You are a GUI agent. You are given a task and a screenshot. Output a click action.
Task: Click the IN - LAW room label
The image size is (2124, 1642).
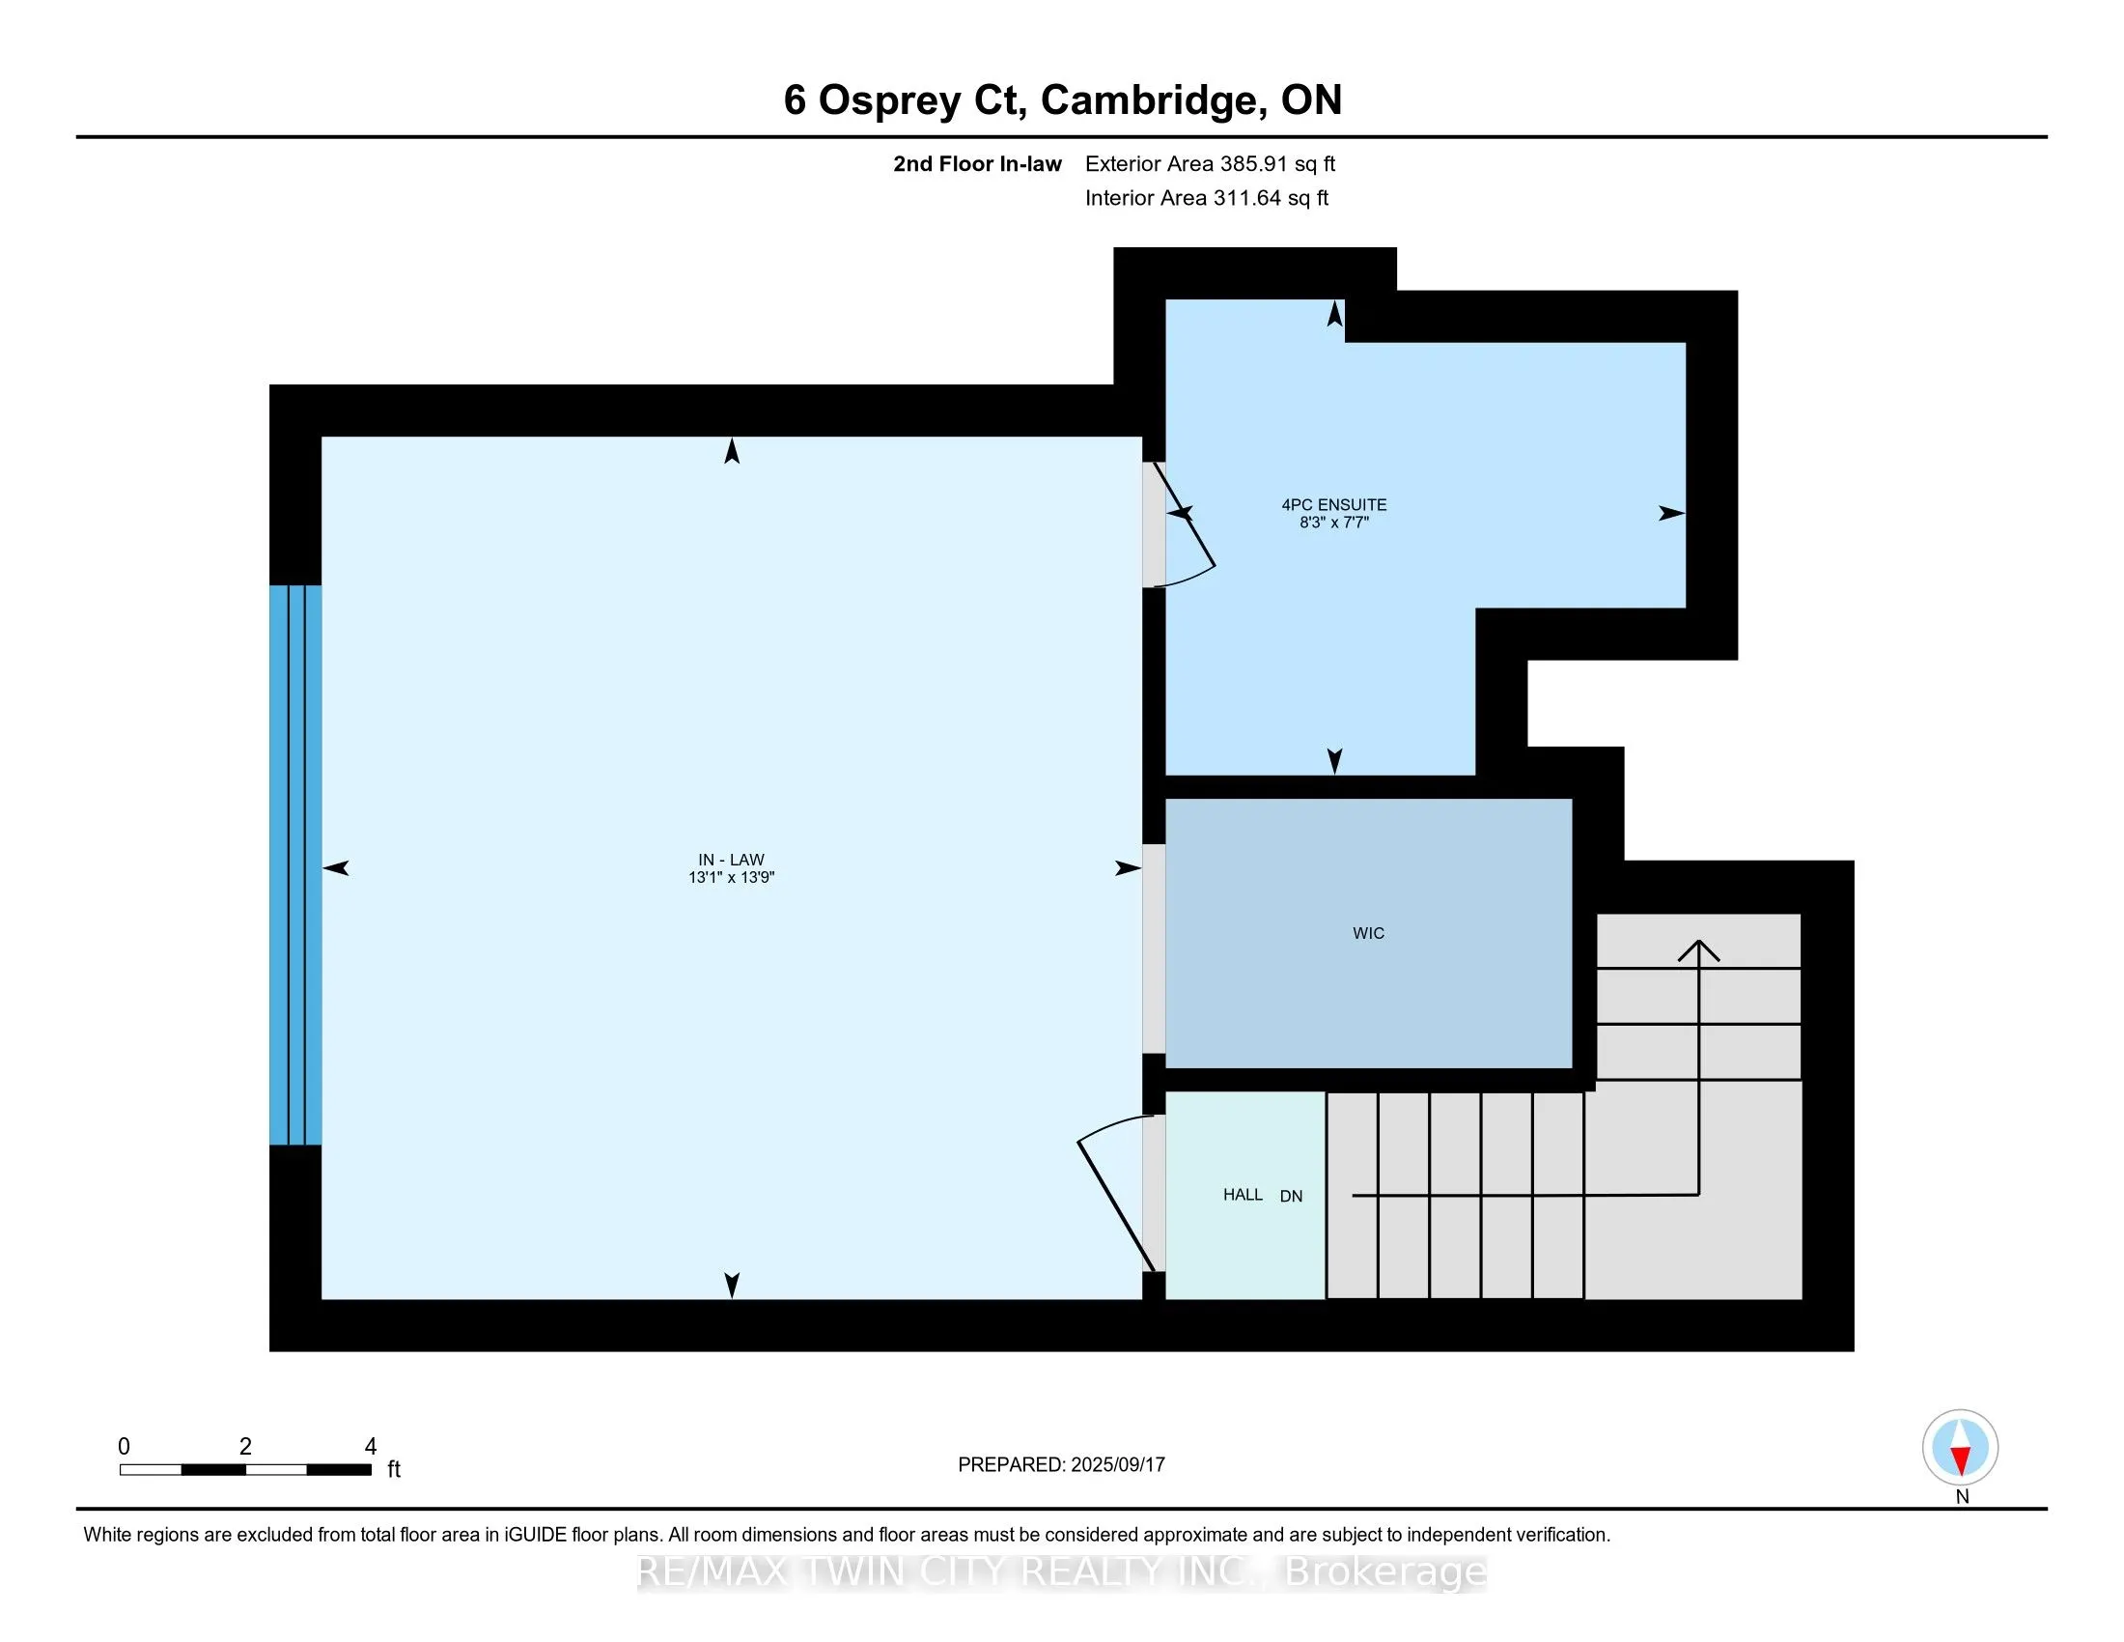point(732,860)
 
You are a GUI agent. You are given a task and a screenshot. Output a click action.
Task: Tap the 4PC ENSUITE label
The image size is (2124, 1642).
point(1333,505)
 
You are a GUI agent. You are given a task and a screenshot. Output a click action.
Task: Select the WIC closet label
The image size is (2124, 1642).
point(1368,934)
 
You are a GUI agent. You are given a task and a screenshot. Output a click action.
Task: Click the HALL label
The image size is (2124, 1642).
point(1243,1195)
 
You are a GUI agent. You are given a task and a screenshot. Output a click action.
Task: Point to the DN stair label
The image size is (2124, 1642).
point(1291,1197)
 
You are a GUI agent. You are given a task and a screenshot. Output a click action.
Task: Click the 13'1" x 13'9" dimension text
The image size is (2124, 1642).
point(732,877)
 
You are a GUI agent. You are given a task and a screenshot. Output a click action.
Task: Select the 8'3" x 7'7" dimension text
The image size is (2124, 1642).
point(1333,523)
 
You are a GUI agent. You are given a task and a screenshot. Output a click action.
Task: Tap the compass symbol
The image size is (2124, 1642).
point(1960,1448)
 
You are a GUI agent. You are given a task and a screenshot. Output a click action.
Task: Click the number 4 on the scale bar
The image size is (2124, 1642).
point(371,1447)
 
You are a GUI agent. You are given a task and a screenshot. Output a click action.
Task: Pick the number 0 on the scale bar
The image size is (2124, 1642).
point(124,1447)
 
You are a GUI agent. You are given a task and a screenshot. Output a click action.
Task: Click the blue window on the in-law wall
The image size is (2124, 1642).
point(295,864)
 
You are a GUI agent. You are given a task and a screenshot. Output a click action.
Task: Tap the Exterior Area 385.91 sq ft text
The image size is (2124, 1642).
point(1210,163)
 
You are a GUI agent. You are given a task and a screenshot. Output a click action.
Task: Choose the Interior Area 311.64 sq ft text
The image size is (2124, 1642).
point(1206,197)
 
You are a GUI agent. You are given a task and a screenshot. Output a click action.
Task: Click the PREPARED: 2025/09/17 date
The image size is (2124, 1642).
point(1061,1464)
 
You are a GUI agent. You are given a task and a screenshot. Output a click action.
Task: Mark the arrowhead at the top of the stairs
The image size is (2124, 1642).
point(1698,949)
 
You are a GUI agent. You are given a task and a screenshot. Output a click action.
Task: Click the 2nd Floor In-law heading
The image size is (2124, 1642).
point(977,163)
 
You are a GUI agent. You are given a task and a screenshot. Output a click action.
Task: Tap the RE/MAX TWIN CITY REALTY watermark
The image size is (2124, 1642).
point(1061,1571)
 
